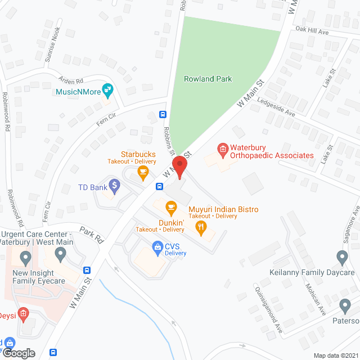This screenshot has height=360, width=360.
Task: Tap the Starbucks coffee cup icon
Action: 143,172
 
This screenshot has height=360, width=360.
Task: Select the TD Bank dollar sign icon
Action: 114,184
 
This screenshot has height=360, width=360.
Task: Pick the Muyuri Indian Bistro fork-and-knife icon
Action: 201,227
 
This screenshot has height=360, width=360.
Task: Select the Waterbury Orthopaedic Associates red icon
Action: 223,149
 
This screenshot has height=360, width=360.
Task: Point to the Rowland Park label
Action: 208,79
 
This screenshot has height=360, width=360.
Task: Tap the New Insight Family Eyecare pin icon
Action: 25,258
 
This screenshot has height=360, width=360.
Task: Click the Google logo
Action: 19,353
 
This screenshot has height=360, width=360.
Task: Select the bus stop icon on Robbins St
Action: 163,114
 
